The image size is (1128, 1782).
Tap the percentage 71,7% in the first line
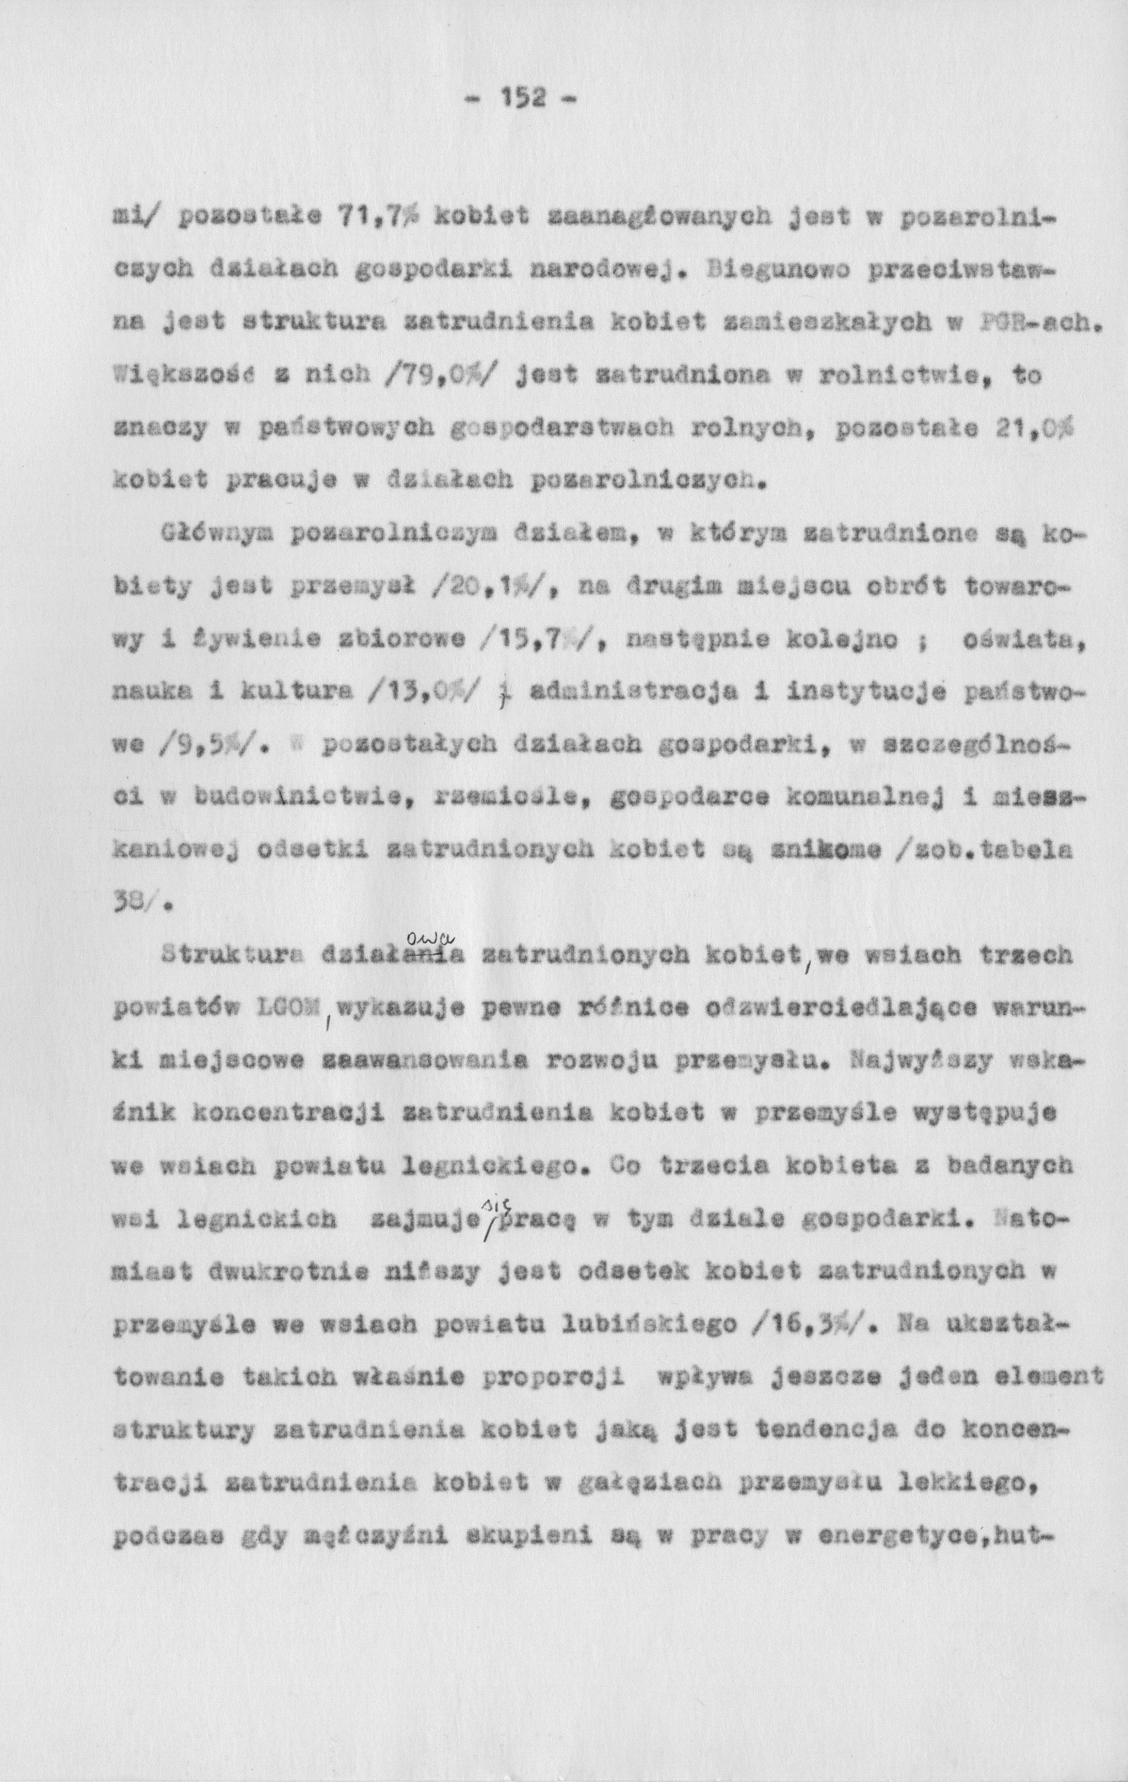(x=380, y=216)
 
